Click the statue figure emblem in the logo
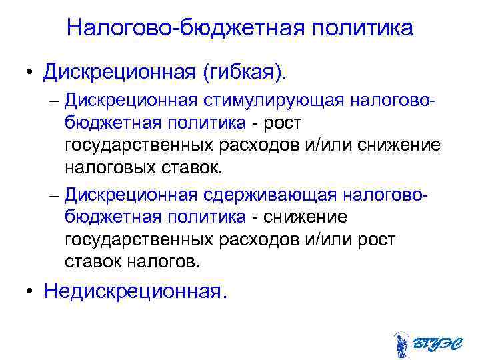point(401,344)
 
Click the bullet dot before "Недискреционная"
point(31,292)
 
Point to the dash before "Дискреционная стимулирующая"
point(54,101)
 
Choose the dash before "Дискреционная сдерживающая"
point(54,196)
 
